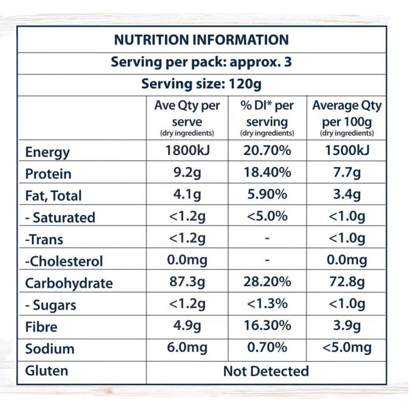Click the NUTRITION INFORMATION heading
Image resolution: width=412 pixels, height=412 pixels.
(x=201, y=40)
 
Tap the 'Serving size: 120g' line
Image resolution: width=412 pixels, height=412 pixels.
(x=201, y=84)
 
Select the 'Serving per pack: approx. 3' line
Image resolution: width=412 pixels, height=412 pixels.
(x=201, y=63)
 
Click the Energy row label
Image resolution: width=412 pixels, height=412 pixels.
(x=47, y=152)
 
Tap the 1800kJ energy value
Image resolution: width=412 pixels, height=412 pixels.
(x=187, y=151)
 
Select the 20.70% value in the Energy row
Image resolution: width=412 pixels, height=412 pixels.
(x=267, y=151)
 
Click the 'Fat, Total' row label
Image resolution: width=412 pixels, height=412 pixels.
(x=53, y=196)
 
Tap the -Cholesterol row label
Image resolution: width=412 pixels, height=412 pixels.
(x=64, y=261)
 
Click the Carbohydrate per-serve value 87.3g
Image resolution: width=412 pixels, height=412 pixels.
(x=187, y=283)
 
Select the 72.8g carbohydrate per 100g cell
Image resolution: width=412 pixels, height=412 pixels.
(x=346, y=283)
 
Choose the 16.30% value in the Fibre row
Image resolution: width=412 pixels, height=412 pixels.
(x=267, y=326)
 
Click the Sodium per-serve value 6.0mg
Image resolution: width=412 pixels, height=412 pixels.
(x=187, y=347)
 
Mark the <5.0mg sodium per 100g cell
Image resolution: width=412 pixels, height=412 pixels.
(x=346, y=347)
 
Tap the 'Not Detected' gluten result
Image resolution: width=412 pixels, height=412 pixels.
(x=266, y=371)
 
